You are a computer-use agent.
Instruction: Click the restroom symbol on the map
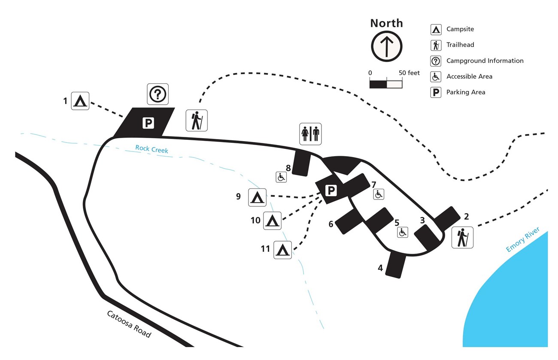310,134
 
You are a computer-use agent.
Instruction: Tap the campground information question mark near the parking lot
158,94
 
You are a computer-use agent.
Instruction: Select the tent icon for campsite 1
80,101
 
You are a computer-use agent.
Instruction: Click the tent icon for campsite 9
257,197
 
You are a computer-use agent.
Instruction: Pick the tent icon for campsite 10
272,221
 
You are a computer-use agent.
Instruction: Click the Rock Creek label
152,149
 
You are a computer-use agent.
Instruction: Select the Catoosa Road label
129,324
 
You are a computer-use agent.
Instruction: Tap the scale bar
386,84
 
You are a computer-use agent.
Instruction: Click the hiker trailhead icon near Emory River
462,238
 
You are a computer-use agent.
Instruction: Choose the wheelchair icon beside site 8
281,176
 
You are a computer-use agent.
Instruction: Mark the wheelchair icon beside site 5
402,233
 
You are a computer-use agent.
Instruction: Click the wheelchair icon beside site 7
379,194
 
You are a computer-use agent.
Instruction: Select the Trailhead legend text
460,45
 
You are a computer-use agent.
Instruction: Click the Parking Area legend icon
436,92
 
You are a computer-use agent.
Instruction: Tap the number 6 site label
331,224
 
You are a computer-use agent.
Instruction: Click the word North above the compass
386,23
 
